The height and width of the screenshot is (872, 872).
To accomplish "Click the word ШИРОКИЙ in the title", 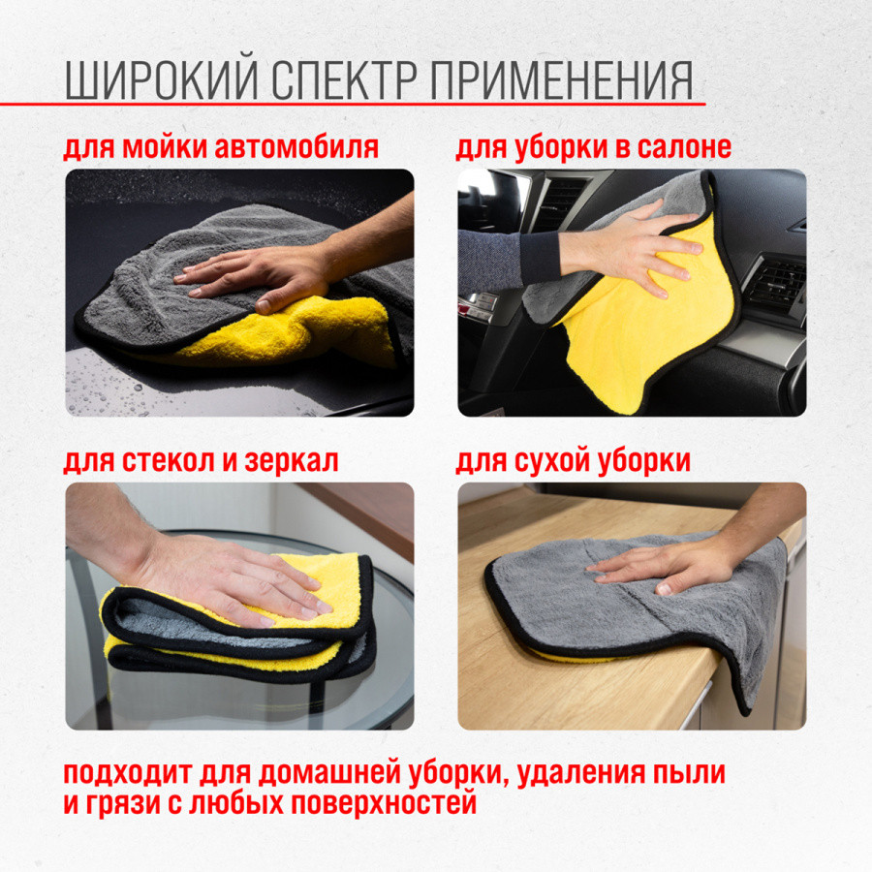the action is pos(162,80).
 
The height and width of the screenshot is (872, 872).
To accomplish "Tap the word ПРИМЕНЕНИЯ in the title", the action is pos(562,80).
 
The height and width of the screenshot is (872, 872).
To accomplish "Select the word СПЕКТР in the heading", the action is pos(344,80).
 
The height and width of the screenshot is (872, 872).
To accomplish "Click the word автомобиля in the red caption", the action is pos(296,148).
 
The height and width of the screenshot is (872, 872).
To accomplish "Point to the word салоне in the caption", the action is pos(684,148).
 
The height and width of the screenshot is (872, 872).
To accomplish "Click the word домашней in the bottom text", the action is pos(328,773).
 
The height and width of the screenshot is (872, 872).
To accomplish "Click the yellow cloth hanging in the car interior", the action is pos(645,328).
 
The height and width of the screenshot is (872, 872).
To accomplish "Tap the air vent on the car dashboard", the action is pos(776,284).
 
